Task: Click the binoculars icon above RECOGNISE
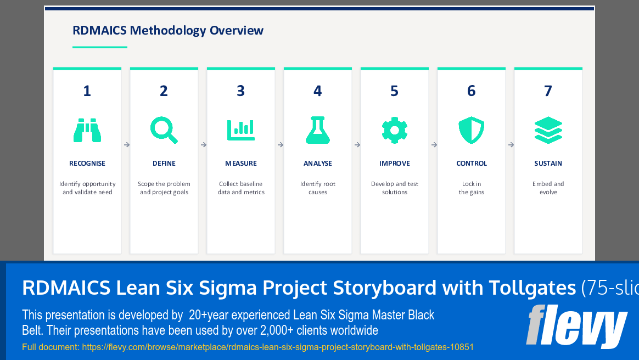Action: point(87,131)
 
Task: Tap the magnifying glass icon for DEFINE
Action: point(164,131)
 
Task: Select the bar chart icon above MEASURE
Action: point(241,131)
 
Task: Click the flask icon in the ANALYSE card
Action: point(318,131)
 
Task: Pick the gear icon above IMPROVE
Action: point(395,131)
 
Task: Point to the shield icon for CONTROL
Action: point(472,131)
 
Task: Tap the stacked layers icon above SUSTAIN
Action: point(548,131)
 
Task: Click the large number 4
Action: point(318,91)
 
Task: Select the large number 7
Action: point(548,91)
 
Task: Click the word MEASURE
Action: point(241,164)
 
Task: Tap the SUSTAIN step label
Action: point(548,164)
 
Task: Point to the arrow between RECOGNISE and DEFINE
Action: point(126,145)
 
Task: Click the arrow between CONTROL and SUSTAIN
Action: point(511,145)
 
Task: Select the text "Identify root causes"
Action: point(318,188)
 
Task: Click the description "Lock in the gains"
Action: point(472,188)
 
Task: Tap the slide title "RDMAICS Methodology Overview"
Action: point(168,31)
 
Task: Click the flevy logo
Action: point(576,326)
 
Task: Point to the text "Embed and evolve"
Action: point(548,188)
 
